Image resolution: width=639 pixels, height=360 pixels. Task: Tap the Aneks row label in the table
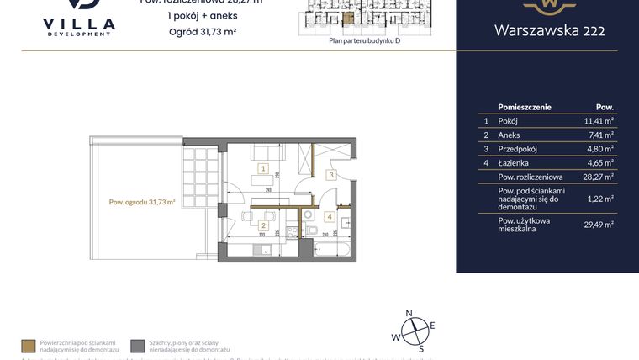click(510, 135)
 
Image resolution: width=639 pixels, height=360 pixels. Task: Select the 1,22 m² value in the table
click(600, 199)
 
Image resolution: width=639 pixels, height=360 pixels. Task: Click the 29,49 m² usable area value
click(599, 224)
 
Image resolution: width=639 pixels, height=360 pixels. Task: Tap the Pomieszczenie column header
click(525, 108)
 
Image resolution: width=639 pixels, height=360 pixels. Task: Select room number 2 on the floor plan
click(264, 225)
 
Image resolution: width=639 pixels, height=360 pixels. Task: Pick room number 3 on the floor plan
click(331, 175)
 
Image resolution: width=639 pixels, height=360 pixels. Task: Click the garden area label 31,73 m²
click(142, 202)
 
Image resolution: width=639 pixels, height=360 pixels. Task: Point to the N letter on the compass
click(409, 313)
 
